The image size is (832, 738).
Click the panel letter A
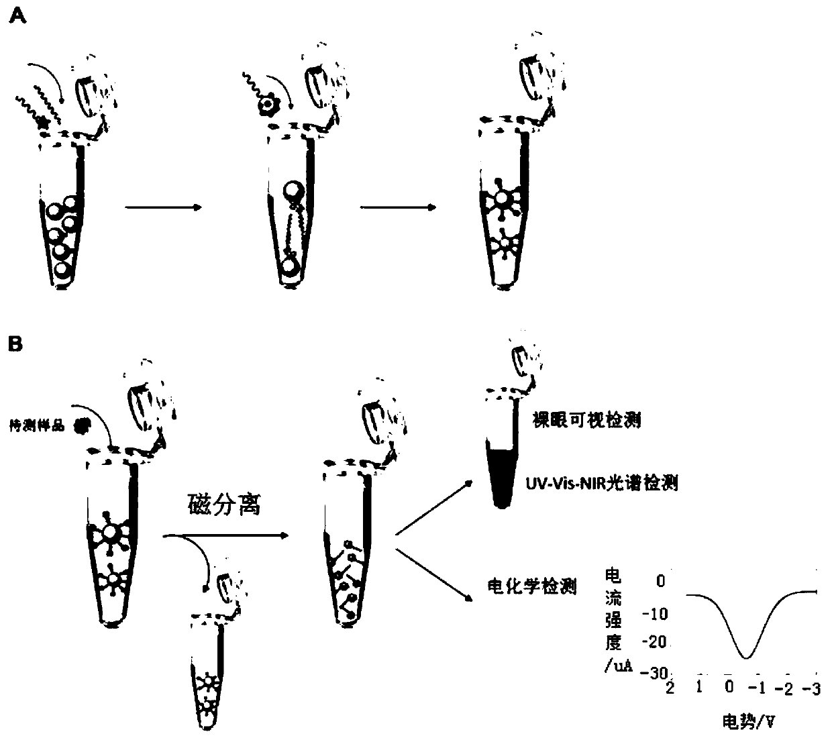[x=18, y=17]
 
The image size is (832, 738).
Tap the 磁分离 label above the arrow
[x=223, y=505]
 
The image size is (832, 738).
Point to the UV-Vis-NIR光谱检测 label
[x=601, y=482]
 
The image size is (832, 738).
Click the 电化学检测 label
[x=531, y=586]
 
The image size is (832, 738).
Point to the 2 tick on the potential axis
[x=670, y=688]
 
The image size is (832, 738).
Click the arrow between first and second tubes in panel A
[x=163, y=207]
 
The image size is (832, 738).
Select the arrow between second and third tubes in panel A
[x=395, y=207]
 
